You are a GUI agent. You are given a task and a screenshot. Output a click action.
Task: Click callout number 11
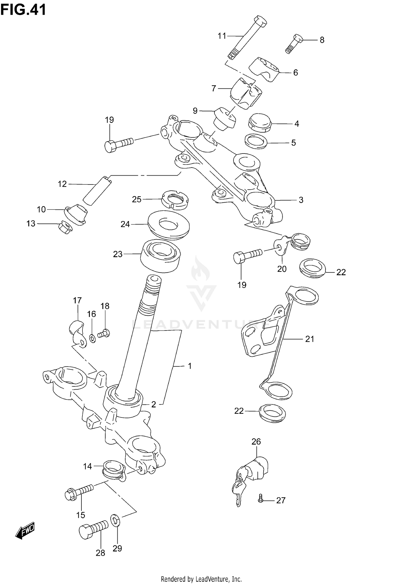[222, 36]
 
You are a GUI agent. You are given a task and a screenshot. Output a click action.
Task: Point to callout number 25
[136, 199]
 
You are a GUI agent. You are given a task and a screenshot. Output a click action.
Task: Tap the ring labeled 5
[256, 141]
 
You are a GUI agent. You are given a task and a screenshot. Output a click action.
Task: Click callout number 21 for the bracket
[310, 339]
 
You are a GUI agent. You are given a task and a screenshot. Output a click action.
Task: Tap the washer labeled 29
[116, 521]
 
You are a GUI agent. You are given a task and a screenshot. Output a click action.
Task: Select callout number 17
[77, 300]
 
